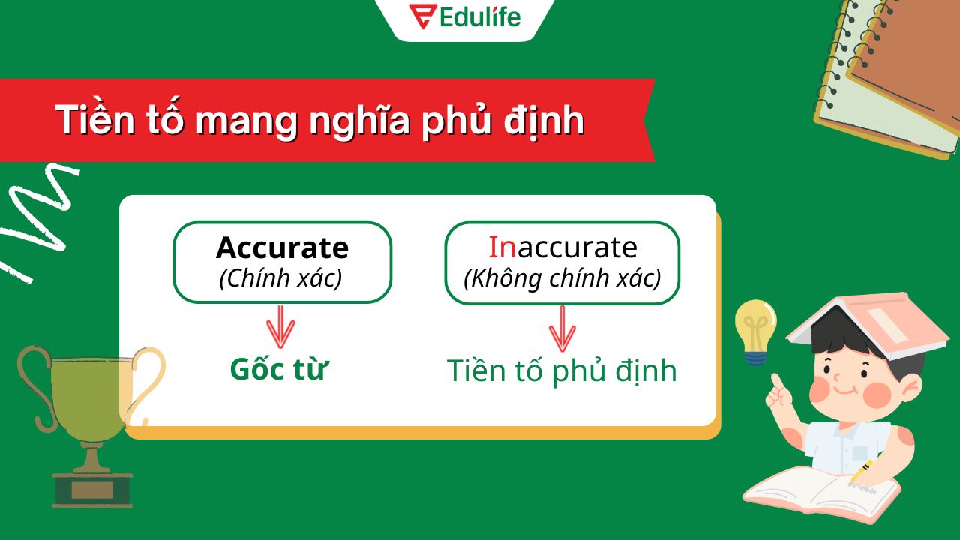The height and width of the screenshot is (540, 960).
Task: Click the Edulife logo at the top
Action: tap(465, 16)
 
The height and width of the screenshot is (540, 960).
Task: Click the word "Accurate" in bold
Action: tap(282, 247)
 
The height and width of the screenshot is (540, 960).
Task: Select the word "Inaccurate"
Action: tap(562, 247)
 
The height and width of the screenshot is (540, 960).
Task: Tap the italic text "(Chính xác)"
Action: tap(280, 278)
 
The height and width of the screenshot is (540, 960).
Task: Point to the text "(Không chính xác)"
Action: tap(562, 278)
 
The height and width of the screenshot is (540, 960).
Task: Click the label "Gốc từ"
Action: tap(280, 369)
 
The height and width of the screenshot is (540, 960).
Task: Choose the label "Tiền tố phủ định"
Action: tap(562, 370)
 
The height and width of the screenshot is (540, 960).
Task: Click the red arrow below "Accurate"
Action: tap(281, 327)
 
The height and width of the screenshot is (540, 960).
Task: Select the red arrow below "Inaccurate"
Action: tap(562, 328)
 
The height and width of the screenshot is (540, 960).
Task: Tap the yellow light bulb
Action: tap(755, 327)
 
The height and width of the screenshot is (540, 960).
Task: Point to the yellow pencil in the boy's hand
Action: tap(861, 472)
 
